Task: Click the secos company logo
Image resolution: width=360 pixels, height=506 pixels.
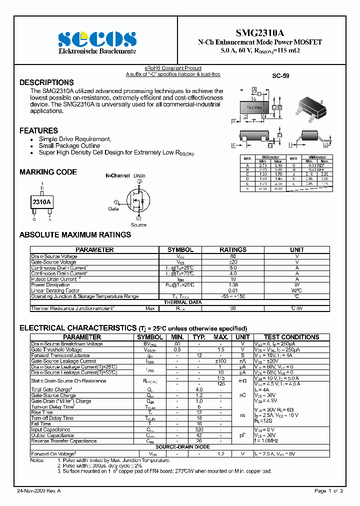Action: (x=97, y=38)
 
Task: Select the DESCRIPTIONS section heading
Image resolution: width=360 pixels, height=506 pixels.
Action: (x=46, y=82)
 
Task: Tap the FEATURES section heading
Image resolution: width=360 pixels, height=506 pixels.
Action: (x=38, y=130)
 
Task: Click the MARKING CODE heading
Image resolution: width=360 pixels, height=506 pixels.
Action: (x=48, y=172)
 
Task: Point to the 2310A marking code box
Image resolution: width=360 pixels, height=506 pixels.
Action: (x=41, y=202)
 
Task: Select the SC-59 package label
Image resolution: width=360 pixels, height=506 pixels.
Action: (x=280, y=76)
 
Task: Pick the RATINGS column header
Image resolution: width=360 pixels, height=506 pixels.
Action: (x=233, y=249)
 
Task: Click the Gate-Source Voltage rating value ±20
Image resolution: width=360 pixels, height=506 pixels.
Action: (x=233, y=262)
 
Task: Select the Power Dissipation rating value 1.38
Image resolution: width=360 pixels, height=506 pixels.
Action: (x=233, y=285)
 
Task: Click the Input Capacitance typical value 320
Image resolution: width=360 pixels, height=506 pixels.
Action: (x=199, y=429)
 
